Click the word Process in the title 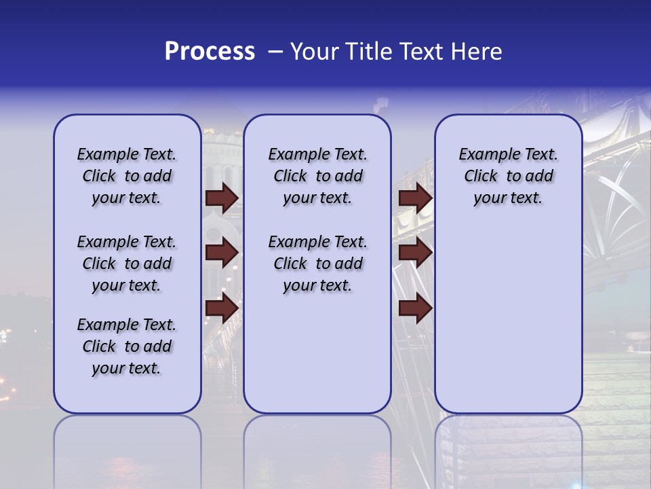click(210, 52)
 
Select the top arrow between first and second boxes click(222, 198)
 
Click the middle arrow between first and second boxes click(222, 253)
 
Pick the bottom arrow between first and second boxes click(222, 308)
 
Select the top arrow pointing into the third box click(415, 198)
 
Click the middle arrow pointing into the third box click(415, 253)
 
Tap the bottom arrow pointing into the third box click(415, 308)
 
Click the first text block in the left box click(127, 176)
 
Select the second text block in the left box click(127, 264)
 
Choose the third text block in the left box click(127, 346)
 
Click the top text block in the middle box click(317, 176)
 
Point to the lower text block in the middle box click(317, 264)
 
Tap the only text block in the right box click(508, 176)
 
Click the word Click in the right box click(481, 177)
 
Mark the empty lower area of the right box click(508, 312)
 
